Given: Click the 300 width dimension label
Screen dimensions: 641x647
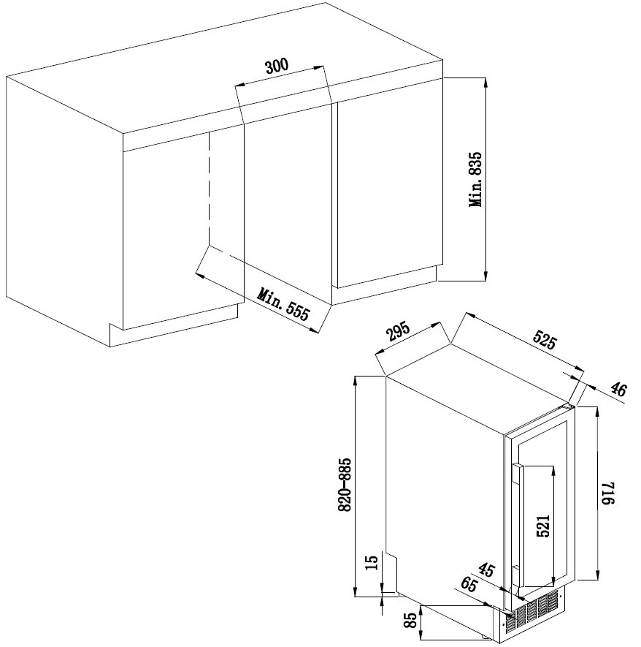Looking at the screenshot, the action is pos(277,66).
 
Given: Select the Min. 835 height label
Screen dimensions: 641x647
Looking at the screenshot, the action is pos(475,180).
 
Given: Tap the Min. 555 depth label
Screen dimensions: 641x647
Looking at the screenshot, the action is pos(283,305).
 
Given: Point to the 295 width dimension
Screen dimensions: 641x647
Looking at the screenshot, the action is pos(399,332).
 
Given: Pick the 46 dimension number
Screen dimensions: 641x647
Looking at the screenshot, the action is pos(618,390).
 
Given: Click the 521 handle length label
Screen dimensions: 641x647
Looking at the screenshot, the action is pos(544,526).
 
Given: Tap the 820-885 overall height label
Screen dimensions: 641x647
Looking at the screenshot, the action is pos(345,485).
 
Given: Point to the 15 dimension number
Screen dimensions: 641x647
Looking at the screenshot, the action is pos(372,562).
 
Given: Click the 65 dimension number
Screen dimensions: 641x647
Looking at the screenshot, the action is pos(469,585).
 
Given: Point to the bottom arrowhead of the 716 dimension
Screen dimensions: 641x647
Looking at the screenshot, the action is pos(597,575).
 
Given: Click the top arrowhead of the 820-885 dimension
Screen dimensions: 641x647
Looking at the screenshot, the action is pos(356,381).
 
